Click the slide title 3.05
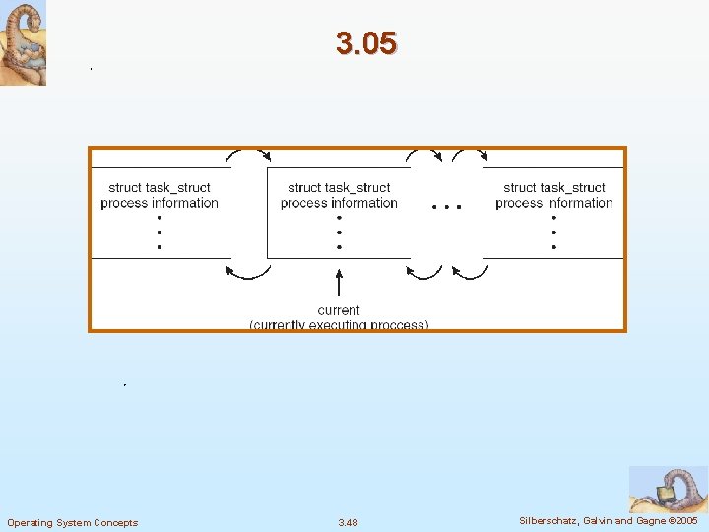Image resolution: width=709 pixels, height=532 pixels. [365, 43]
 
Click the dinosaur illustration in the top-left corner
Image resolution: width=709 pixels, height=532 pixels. [23, 43]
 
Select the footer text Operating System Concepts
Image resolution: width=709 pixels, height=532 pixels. [73, 522]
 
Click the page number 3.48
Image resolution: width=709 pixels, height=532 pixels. [349, 522]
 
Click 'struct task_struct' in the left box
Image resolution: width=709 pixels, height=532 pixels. [160, 188]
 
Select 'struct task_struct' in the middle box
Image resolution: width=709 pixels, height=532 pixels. [339, 188]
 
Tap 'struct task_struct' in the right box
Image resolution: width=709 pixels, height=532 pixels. [554, 188]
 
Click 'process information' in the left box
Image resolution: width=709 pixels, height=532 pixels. [160, 203]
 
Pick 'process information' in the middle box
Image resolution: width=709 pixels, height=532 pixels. [339, 203]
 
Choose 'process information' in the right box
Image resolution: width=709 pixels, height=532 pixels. [554, 203]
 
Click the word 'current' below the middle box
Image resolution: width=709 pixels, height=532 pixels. [339, 310]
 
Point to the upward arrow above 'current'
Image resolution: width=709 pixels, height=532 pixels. [339, 284]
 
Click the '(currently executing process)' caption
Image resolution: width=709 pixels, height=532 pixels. [339, 324]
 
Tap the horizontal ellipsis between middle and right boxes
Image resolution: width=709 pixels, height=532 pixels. [446, 208]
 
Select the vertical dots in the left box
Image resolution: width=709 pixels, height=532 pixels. [160, 233]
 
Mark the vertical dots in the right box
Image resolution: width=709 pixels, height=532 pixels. [554, 233]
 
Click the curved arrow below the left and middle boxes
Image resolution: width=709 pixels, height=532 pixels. [249, 271]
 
